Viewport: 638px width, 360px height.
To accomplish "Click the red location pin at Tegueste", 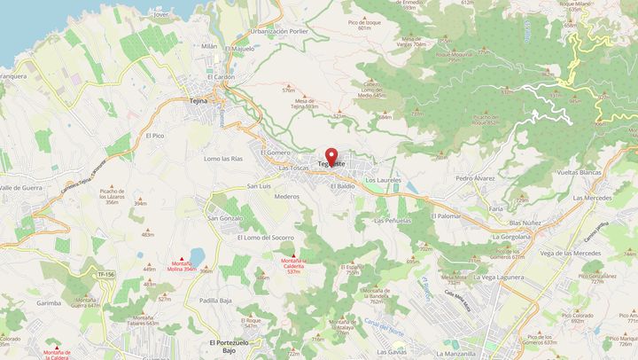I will coord(331,156).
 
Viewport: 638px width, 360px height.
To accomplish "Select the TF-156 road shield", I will coord(106,275).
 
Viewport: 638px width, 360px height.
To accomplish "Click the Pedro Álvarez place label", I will coord(475,178).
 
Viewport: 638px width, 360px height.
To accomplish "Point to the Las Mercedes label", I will coord(592,197).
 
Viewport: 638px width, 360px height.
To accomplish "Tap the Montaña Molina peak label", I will coord(184,266).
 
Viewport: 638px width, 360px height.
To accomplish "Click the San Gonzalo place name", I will coord(225,217).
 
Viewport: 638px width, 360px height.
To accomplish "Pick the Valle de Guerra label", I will coord(22,188).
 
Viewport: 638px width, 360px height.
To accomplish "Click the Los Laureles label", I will coord(384,179).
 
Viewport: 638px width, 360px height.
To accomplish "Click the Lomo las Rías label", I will coord(223,158).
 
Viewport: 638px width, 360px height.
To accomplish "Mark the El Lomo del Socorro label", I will coord(265,238).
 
